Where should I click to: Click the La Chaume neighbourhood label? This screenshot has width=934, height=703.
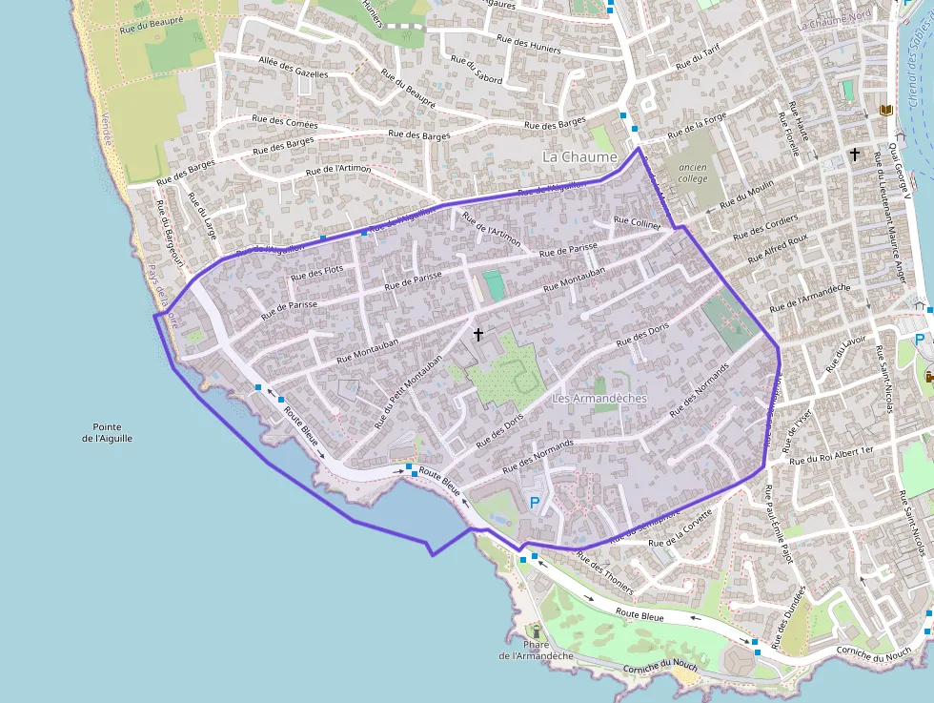(579, 155)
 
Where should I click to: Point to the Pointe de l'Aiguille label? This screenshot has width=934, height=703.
(107, 432)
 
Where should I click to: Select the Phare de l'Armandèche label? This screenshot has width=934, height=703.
(536, 651)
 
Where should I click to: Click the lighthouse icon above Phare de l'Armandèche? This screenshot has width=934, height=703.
(536, 631)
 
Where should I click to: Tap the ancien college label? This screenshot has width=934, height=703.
(693, 172)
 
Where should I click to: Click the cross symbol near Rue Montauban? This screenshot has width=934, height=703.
(478, 334)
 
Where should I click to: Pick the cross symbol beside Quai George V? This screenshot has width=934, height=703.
(855, 154)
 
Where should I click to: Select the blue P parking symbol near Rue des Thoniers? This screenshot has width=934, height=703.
(535, 502)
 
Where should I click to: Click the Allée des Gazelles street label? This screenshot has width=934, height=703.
(294, 67)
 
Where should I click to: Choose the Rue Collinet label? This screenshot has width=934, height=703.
(639, 222)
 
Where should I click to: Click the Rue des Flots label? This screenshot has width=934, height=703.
(317, 272)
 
